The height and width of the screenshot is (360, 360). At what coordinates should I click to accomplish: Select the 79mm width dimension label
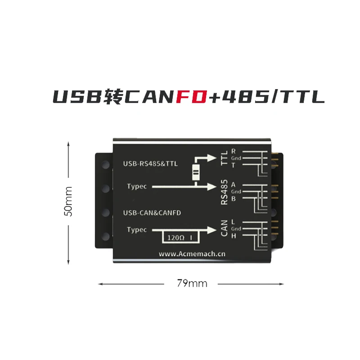tap(192, 283)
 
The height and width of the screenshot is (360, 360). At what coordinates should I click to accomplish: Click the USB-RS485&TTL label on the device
tap(150, 164)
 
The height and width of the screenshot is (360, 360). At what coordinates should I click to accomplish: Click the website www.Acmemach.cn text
tap(192, 254)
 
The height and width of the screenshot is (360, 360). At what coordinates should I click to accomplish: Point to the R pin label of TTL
tap(233, 151)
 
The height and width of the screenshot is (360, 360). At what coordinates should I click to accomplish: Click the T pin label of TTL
tap(233, 165)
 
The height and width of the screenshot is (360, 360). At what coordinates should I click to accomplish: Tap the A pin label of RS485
tap(233, 184)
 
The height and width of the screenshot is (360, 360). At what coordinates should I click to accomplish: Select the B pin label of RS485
tap(233, 198)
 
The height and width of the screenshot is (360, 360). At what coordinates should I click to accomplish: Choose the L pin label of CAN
tap(233, 222)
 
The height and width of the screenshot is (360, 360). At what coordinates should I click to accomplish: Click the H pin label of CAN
tap(233, 236)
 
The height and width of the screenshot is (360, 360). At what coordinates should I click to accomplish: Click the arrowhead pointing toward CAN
tap(212, 229)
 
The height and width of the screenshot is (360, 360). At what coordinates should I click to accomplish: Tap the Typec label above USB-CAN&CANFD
tap(137, 186)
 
